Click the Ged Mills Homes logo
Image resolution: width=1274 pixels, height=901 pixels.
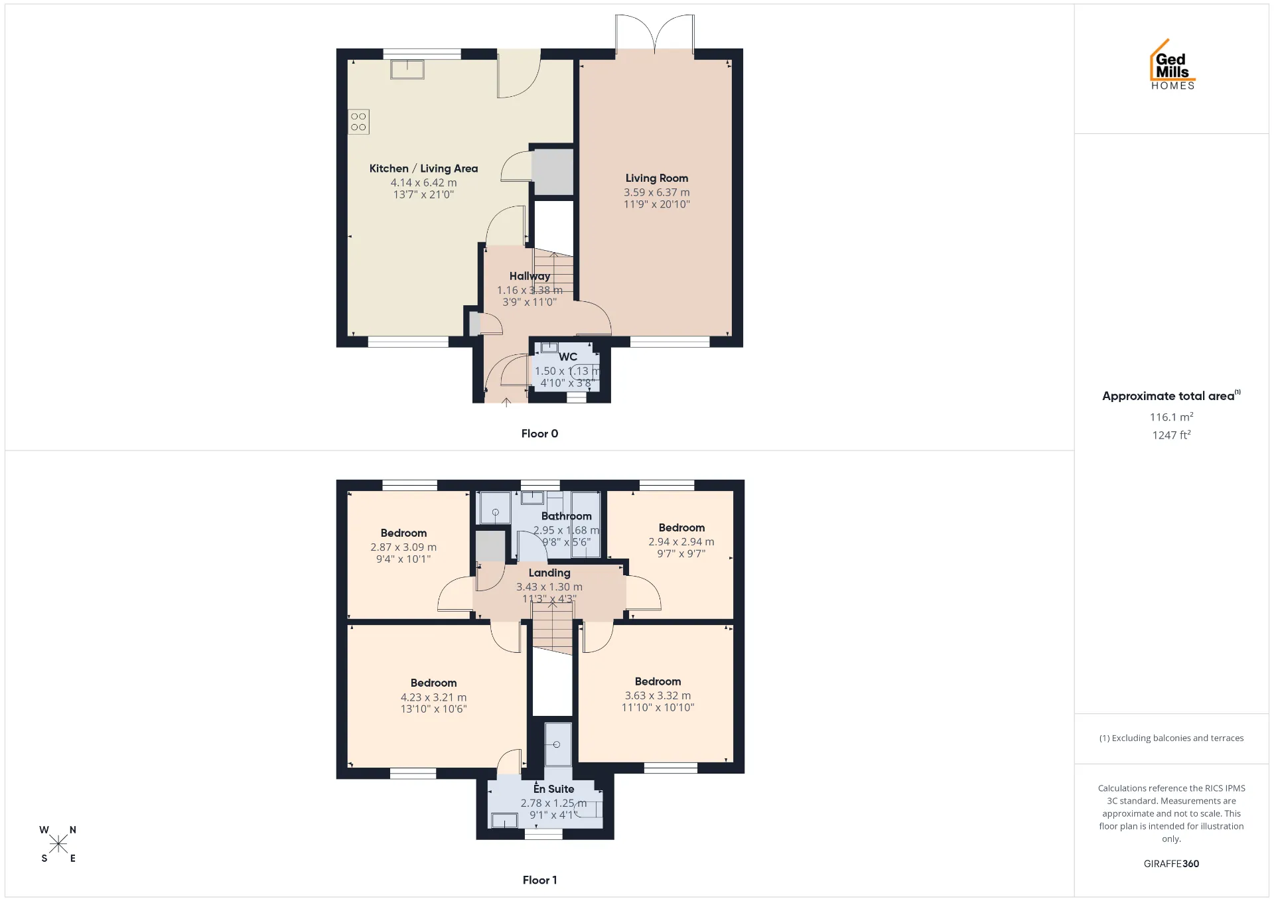pyautogui.click(x=1172, y=64)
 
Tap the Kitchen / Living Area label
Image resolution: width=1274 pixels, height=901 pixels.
pyautogui.click(x=423, y=169)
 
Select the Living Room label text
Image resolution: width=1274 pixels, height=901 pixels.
pyautogui.click(x=657, y=178)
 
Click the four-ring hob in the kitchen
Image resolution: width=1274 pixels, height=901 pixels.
pyautogui.click(x=358, y=122)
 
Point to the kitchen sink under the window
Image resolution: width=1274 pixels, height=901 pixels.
pyautogui.click(x=407, y=70)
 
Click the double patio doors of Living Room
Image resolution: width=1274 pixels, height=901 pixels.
pyautogui.click(x=655, y=33)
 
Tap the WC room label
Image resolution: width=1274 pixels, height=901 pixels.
pyautogui.click(x=568, y=357)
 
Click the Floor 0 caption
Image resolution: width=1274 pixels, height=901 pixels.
pyautogui.click(x=539, y=433)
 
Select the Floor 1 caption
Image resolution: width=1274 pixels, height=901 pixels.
pyautogui.click(x=539, y=880)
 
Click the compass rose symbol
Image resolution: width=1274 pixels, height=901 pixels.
pyautogui.click(x=58, y=843)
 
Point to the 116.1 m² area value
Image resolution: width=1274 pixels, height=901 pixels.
pyautogui.click(x=1171, y=417)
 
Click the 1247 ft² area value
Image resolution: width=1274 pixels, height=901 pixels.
pyautogui.click(x=1171, y=435)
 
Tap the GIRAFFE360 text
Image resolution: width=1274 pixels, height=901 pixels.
pyautogui.click(x=1171, y=863)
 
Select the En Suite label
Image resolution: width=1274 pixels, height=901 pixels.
pyautogui.click(x=553, y=789)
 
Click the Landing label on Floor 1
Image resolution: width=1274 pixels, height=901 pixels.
pyautogui.click(x=549, y=573)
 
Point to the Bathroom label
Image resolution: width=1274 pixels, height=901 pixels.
pyautogui.click(x=566, y=516)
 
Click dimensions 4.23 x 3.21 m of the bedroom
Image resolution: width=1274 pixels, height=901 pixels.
pyautogui.click(x=433, y=697)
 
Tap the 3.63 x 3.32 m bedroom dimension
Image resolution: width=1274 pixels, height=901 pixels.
pyautogui.click(x=658, y=695)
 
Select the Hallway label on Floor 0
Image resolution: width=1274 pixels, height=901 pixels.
pyautogui.click(x=530, y=276)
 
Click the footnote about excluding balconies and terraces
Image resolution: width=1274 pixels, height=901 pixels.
pyautogui.click(x=1171, y=738)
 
